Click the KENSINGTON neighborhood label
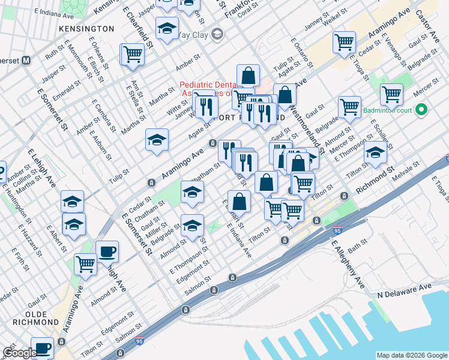coord(86,28)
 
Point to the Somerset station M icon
coord(26,61)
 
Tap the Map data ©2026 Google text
coord(412,355)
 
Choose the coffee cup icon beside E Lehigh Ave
coord(107,252)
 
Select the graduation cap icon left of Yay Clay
coord(167,28)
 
